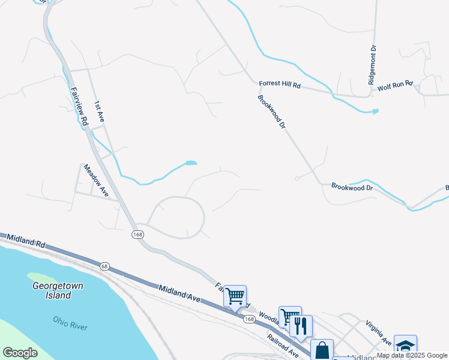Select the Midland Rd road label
pyautogui.click(x=23, y=242)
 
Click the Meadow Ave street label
pyautogui.click(x=96, y=181)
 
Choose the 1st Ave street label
pyautogui.click(x=99, y=113)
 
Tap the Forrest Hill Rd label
pyautogui.click(x=280, y=85)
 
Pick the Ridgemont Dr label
pyautogui.click(x=373, y=65)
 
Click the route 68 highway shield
pyautogui.click(x=104, y=266)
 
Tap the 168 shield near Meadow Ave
pyautogui.click(x=138, y=235)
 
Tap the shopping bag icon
pyautogui.click(x=322, y=350)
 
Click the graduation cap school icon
pyautogui.click(x=405, y=346)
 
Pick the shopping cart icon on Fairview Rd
pyautogui.click(x=235, y=295)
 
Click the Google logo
pyautogui.click(x=20, y=353)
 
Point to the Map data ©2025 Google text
pyautogui.click(x=412, y=355)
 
